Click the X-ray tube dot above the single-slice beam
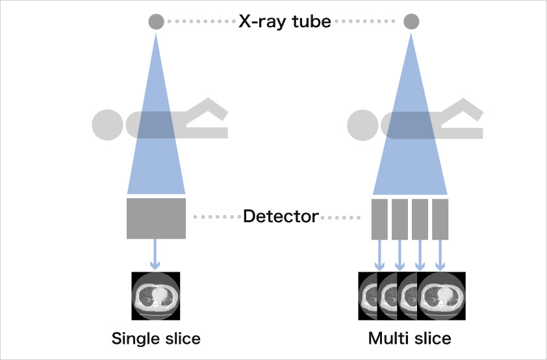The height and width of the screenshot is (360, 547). (156, 21)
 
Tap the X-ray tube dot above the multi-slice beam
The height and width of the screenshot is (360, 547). (411, 21)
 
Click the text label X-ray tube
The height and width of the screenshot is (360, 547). (285, 21)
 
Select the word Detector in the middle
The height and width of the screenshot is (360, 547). (281, 216)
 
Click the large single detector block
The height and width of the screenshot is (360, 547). (156, 219)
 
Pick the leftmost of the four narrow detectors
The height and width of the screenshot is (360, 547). (379, 220)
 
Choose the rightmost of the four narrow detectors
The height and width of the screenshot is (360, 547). (440, 220)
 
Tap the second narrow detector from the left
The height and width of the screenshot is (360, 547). (400, 220)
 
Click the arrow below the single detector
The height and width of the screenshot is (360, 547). (155, 254)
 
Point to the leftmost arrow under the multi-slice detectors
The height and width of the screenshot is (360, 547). (379, 255)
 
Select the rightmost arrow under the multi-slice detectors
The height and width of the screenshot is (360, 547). (440, 255)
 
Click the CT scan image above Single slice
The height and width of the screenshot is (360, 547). (155, 296)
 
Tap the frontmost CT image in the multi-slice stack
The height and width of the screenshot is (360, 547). (442, 296)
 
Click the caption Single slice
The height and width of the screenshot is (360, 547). (156, 339)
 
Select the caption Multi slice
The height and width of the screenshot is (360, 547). (410, 339)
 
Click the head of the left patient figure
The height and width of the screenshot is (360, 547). (107, 125)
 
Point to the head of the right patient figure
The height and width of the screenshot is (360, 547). (363, 125)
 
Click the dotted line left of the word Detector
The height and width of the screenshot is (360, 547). (217, 217)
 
